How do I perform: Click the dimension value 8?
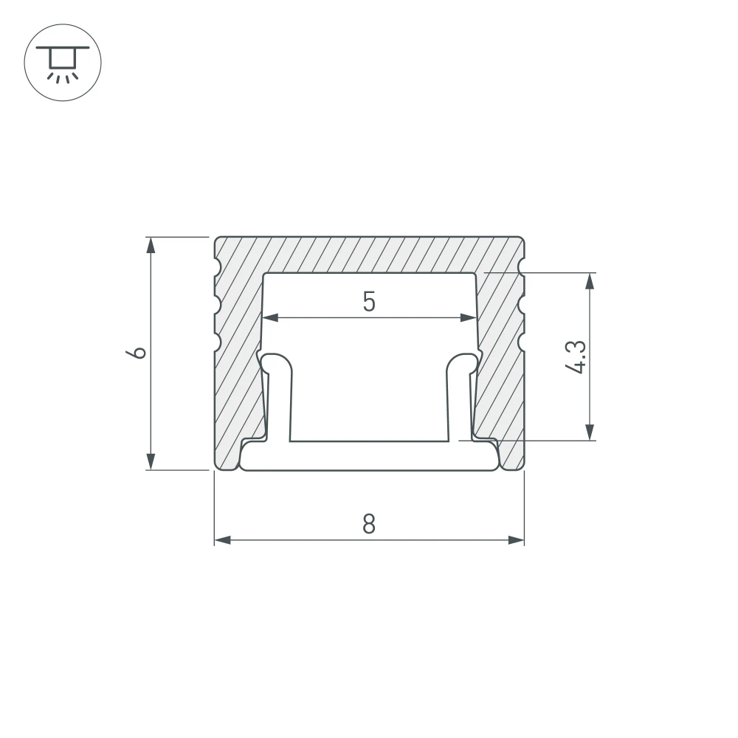(369, 524)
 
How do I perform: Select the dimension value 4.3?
(578, 356)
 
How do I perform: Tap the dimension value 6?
(137, 352)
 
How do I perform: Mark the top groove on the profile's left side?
(217, 266)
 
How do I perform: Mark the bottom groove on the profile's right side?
(521, 342)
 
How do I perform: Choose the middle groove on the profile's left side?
(217, 304)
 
